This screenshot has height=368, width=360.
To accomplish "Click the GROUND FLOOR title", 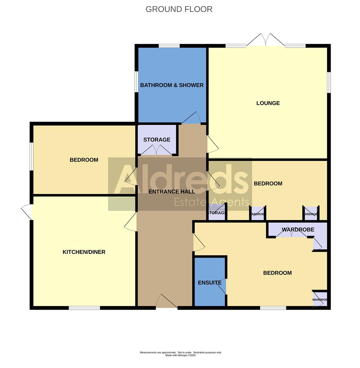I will click(179, 9).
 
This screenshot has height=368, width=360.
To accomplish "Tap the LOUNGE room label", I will click(268, 103).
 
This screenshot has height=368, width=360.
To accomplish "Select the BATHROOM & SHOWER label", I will click(172, 85).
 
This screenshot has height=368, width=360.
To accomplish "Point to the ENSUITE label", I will click(210, 283).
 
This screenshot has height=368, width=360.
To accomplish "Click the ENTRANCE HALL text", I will click(171, 191).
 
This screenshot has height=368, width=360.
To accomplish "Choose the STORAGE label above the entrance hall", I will click(157, 140).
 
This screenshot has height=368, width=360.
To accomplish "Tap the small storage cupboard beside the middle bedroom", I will click(216, 213).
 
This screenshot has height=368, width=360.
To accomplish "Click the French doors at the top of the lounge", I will click(266, 40).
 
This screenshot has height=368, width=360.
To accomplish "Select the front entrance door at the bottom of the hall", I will click(167, 302).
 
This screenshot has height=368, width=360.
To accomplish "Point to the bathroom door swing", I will click(192, 118).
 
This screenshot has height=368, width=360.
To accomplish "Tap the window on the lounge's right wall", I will click(329, 82).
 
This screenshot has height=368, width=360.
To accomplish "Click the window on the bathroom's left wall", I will click(136, 81).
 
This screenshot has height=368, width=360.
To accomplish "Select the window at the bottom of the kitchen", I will click(84, 308).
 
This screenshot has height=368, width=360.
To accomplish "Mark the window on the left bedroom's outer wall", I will click(31, 156).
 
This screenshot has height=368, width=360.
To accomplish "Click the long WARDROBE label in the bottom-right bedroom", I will click(298, 230).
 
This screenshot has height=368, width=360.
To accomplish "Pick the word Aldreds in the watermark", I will click(181, 179).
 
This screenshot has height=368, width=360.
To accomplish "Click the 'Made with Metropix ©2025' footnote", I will click(180, 355).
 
